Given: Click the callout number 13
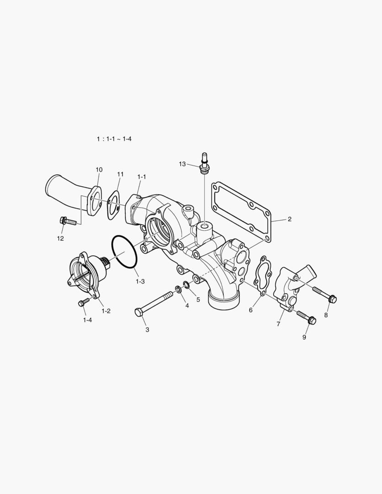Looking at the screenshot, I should point(183,164).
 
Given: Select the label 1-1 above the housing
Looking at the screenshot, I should point(141,177).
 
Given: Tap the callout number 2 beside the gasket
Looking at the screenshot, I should point(289,219).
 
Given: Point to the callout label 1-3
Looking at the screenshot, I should point(140,282).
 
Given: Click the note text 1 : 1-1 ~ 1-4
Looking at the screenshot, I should point(114,138).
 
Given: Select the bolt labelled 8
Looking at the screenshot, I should point(325,294).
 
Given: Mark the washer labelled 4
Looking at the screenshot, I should point(177,289).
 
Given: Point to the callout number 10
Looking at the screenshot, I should point(99,170).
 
